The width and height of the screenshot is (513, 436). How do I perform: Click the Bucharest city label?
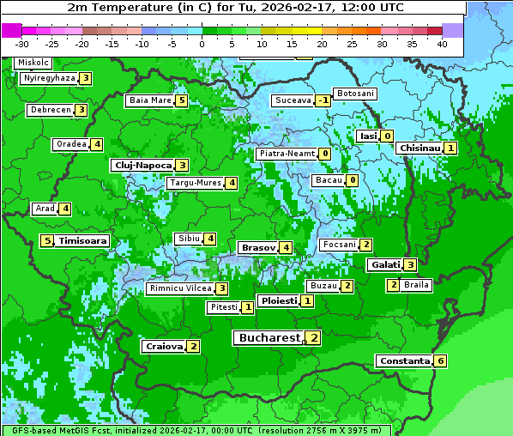[x=269, y=338]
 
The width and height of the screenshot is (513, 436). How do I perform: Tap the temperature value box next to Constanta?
[x=440, y=360]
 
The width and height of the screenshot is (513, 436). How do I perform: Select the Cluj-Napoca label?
[x=142, y=165]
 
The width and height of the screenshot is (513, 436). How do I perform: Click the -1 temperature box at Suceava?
[x=323, y=100]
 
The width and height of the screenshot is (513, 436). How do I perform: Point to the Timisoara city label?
[x=82, y=241]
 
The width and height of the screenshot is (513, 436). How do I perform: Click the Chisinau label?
[x=419, y=148]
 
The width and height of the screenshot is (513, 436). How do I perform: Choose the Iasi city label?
[x=368, y=136]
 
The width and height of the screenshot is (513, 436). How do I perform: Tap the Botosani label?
[x=354, y=94]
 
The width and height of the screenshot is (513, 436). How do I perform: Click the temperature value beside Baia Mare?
[x=181, y=100]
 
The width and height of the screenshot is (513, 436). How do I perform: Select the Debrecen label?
[x=50, y=110]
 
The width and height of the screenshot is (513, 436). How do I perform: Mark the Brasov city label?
[x=258, y=247]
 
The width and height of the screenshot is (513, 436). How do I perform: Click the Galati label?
[x=384, y=264]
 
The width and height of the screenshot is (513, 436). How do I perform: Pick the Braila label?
[x=415, y=285]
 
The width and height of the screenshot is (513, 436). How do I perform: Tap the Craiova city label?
[x=164, y=346]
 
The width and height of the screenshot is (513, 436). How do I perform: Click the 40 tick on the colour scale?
[x=442, y=44]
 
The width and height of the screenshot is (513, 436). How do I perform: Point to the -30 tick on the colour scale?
[x=22, y=44]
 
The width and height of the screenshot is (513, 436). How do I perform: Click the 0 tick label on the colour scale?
[x=202, y=44]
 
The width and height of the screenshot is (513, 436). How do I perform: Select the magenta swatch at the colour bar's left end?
[x=12, y=30]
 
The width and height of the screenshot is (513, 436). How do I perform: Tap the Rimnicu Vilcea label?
[x=179, y=288]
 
